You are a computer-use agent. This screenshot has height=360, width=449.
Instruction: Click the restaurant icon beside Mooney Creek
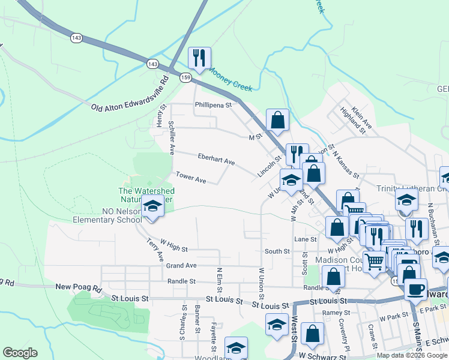(197, 58)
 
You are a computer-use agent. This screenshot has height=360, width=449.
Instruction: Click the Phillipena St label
(213, 105)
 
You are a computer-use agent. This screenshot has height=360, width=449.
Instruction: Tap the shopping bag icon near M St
(277, 119)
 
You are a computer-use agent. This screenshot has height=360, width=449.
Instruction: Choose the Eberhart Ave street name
(216, 159)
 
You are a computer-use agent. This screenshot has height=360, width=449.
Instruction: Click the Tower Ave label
(191, 178)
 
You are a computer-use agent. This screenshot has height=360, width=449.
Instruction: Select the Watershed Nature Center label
(145, 195)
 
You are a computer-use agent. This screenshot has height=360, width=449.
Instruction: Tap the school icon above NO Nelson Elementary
(152, 207)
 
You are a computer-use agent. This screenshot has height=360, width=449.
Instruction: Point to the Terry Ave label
(155, 250)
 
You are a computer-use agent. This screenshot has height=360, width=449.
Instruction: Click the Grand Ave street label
(181, 265)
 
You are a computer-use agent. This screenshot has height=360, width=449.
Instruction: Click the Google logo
(20, 353)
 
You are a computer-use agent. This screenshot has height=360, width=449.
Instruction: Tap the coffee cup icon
(415, 289)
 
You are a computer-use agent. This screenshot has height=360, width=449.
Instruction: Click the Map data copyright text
(411, 355)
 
